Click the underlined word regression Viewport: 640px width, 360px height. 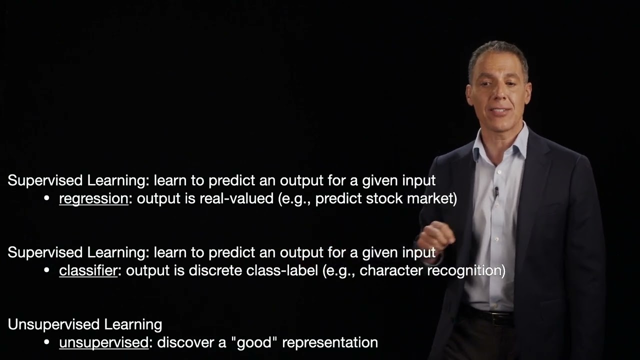pos(93,199)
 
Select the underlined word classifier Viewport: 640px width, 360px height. pos(88,271)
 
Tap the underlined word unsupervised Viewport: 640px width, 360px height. pos(103,343)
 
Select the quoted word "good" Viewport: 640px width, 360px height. pos(258,343)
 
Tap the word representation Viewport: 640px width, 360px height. pos(330,343)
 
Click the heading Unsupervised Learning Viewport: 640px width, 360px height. pos(85,324)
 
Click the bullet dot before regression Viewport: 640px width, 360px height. pos(47,199)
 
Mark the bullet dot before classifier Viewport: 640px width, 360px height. pos(47,271)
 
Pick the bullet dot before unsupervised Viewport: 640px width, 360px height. pos(47,343)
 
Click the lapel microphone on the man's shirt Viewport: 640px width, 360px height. pos(496,191)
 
